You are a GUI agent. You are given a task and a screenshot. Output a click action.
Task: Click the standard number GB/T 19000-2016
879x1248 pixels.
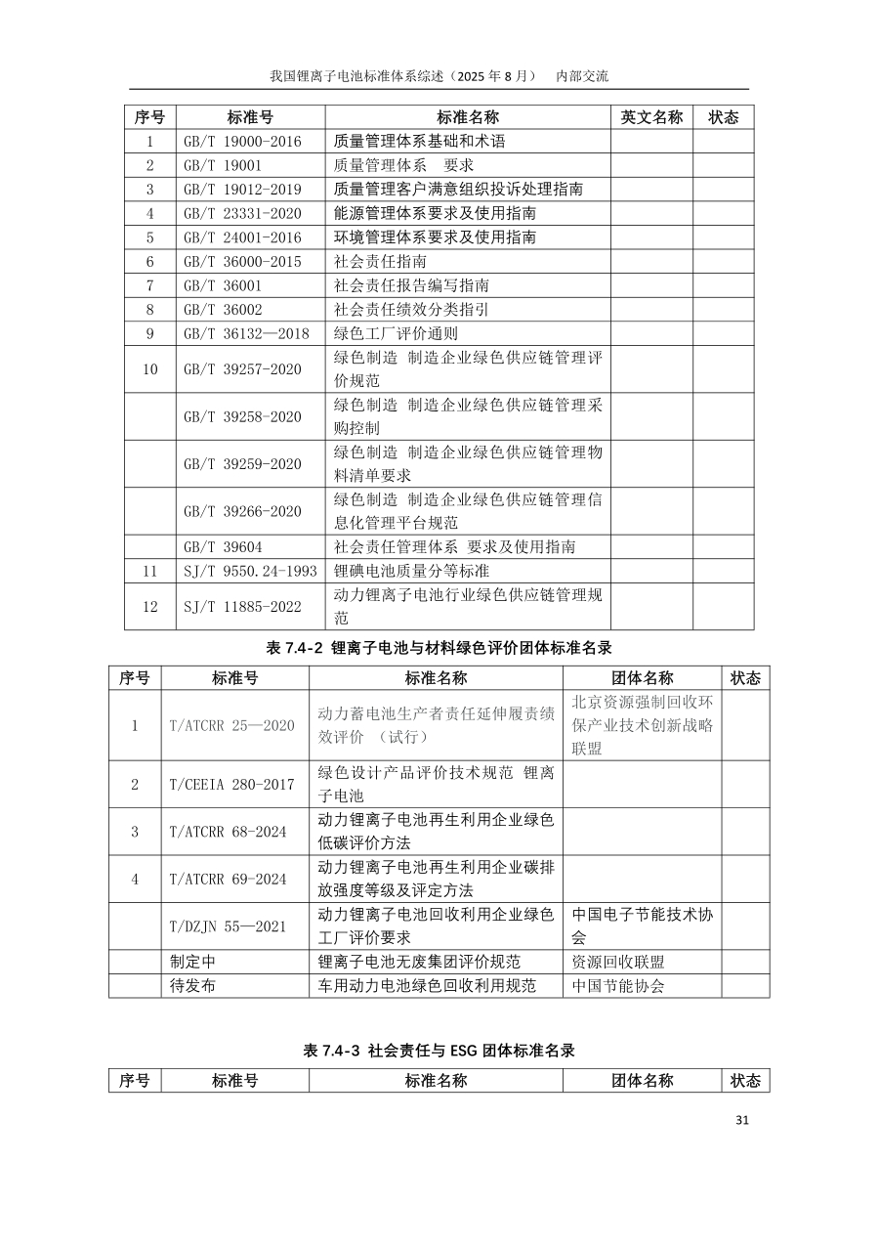242,142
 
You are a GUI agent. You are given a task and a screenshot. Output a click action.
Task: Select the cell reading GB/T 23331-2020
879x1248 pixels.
242,213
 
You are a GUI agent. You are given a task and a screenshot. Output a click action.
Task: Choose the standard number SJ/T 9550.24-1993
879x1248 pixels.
250,571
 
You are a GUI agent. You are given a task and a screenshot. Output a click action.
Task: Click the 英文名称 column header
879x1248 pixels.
651,117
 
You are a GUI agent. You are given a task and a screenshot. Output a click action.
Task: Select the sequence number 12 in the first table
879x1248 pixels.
150,607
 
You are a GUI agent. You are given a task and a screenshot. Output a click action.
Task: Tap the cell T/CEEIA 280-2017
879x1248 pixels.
231,785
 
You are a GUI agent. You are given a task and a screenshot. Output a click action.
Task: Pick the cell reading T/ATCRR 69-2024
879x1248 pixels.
228,880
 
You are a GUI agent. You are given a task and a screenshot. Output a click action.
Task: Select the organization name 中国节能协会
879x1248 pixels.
618,986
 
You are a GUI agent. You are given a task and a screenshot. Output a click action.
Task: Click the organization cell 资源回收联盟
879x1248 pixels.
618,962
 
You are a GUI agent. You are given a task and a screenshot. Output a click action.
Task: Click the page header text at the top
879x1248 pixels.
439,75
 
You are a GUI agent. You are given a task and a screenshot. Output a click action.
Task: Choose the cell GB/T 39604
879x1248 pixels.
223,547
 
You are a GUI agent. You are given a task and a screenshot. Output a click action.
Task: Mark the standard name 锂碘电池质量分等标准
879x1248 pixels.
411,571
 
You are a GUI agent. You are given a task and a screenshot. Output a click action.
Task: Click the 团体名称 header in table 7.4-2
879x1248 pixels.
642,678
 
